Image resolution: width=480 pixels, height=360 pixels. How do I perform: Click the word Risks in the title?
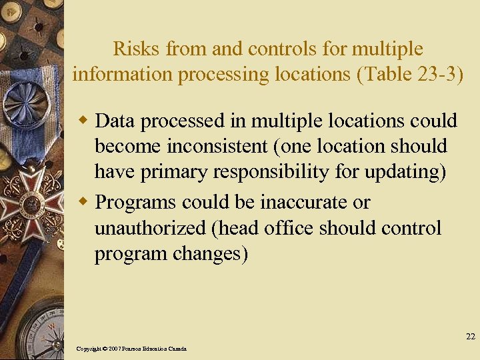(137, 49)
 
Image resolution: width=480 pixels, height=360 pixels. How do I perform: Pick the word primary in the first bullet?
(177, 173)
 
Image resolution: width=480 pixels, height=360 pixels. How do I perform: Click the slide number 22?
(470, 337)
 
